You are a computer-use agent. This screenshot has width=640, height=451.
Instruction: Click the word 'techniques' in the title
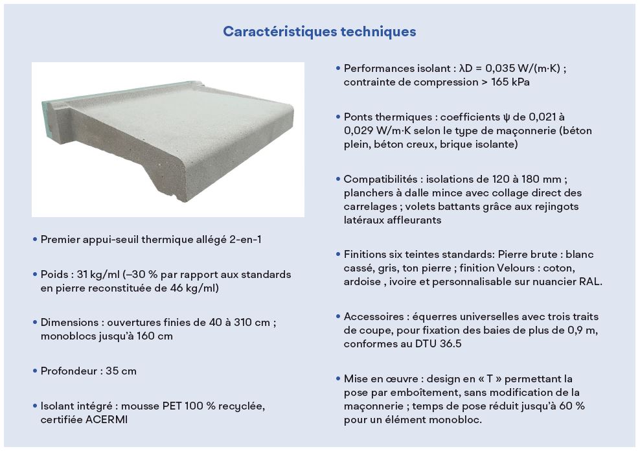pos(378,32)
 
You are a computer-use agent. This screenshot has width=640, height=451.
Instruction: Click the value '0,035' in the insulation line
pos(498,69)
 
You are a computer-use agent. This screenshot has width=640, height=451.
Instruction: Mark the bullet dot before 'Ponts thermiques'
pos(338,117)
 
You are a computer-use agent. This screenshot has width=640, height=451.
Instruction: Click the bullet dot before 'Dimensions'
pos(35,322)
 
